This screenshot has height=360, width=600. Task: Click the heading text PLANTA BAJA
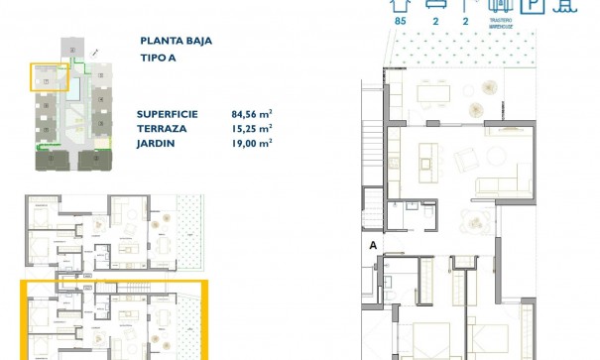click(x=178, y=42)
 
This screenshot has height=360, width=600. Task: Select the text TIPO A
click(x=161, y=60)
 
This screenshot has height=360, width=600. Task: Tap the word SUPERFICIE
click(x=169, y=114)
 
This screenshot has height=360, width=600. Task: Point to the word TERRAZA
click(x=161, y=128)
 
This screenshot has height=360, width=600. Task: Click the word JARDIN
click(x=157, y=142)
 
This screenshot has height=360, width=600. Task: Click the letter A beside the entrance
click(x=372, y=244)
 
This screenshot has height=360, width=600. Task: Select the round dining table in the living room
click(x=480, y=224)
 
